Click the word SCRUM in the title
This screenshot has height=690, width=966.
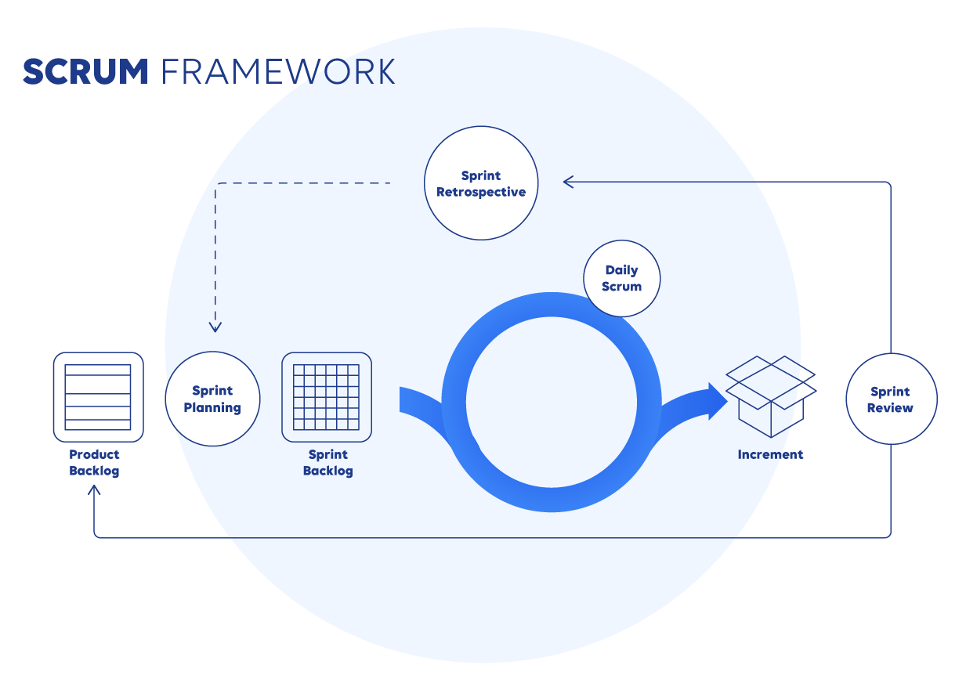click(85, 71)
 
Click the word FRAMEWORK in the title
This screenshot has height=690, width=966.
click(278, 71)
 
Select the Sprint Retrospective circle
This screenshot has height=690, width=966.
click(481, 183)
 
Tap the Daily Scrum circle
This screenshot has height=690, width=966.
click(622, 278)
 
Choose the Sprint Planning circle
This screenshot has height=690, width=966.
click(212, 399)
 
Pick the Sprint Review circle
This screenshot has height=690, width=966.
click(891, 399)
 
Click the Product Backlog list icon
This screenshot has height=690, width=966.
click(99, 397)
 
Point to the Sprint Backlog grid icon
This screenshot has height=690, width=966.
click(327, 397)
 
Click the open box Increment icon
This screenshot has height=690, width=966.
click(771, 396)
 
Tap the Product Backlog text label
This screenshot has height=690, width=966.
click(94, 463)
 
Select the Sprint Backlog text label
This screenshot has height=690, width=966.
click(328, 463)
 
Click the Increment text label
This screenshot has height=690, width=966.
click(770, 454)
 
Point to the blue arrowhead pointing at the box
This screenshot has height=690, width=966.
click(717, 401)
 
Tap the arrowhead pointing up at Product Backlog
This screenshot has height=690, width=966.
click(95, 491)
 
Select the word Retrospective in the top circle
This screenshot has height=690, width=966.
click(481, 192)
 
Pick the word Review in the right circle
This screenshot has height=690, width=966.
click(891, 408)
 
